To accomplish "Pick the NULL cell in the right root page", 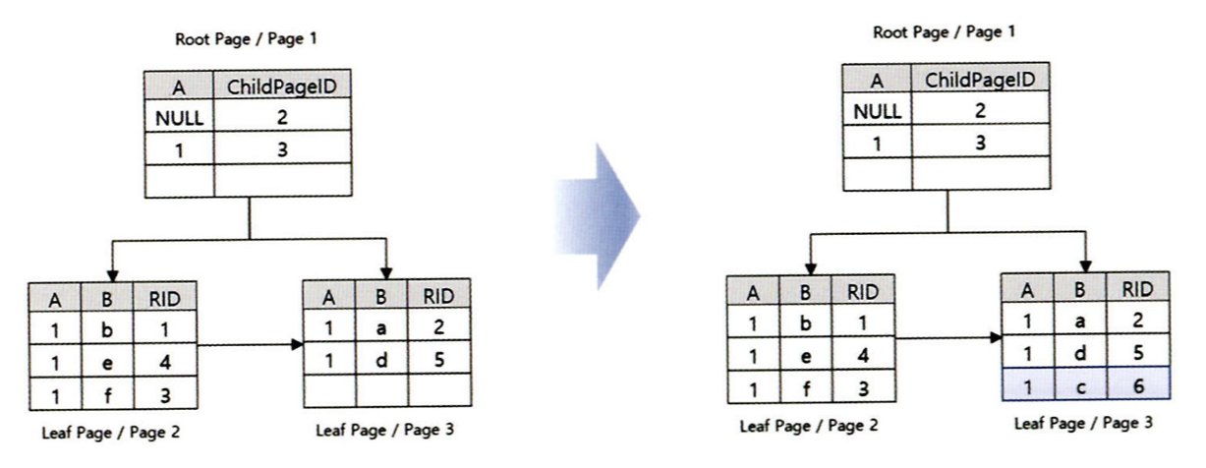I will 876,110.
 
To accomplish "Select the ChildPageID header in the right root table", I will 980,80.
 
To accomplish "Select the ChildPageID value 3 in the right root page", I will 980,142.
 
